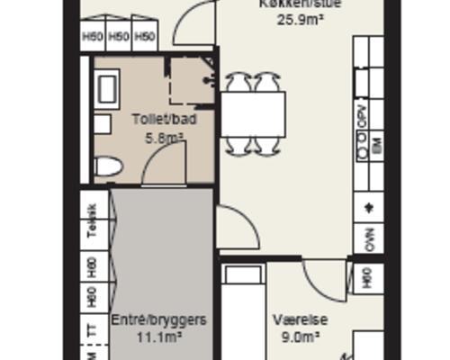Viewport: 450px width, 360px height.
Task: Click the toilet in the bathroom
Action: pyautogui.click(x=108, y=167)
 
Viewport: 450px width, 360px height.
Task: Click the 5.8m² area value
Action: pyautogui.click(x=164, y=138)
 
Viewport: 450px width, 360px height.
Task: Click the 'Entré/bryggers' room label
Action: pyautogui.click(x=158, y=319)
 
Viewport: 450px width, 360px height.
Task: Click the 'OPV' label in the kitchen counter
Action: pyautogui.click(x=363, y=115)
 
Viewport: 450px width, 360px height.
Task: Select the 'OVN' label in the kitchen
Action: pyautogui.click(x=368, y=238)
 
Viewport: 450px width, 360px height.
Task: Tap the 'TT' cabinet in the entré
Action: pyautogui.click(x=92, y=331)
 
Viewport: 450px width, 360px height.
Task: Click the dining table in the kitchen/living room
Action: pyautogui.click(x=253, y=112)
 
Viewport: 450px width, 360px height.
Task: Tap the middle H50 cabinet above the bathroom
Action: pyautogui.click(x=119, y=37)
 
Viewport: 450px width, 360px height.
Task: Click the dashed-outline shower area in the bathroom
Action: pyautogui.click(x=190, y=81)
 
